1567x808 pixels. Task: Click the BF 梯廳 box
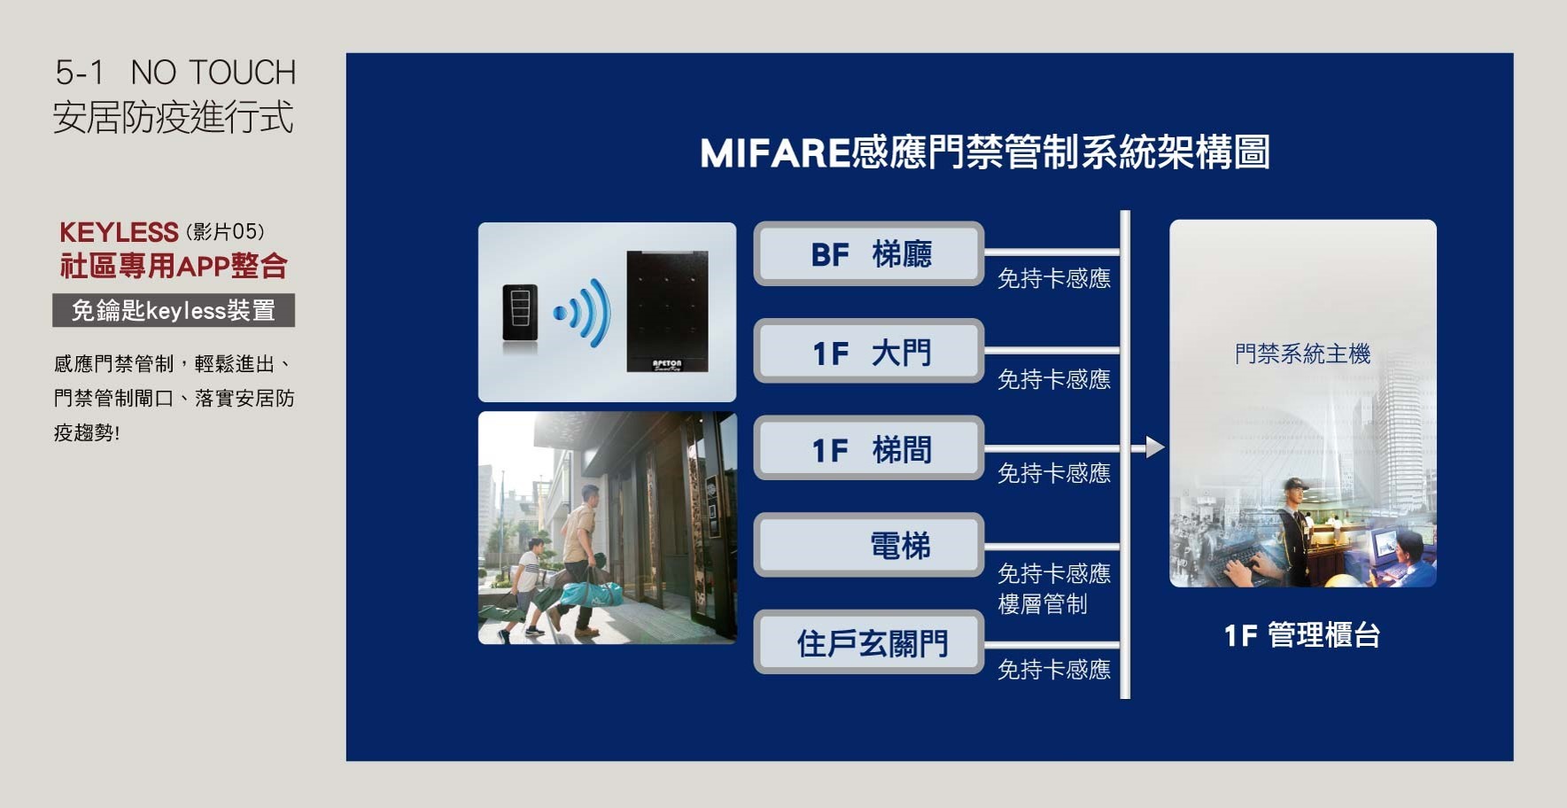[x=869, y=253]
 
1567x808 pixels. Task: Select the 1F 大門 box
[x=869, y=351]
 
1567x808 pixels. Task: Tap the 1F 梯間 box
[x=869, y=448]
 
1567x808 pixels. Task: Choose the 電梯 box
[x=869, y=545]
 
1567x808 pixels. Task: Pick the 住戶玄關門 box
[x=869, y=642]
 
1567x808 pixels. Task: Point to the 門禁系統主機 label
[x=1302, y=354]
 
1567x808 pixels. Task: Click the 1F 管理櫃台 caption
[x=1301, y=635]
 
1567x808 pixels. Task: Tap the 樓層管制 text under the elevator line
[x=1043, y=604]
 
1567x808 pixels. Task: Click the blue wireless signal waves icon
[x=584, y=313]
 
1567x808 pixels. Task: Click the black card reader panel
[x=667, y=312]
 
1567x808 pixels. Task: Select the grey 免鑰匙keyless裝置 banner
[x=174, y=310]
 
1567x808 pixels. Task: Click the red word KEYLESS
[x=119, y=232]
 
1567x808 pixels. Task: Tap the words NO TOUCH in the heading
[x=213, y=73]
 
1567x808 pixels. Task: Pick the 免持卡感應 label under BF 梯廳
[x=1054, y=279]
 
